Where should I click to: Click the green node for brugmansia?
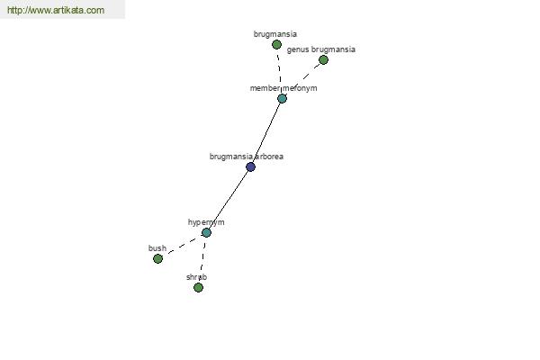click(276, 44)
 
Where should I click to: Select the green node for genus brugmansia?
click(323, 60)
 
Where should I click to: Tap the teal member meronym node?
click(282, 98)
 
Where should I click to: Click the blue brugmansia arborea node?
click(251, 167)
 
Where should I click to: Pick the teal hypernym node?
click(206, 232)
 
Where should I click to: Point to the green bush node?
click(157, 258)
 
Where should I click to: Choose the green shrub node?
click(198, 287)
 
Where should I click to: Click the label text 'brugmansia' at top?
click(275, 34)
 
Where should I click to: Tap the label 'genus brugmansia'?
click(321, 49)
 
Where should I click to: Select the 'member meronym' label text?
click(283, 88)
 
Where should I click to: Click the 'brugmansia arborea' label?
click(247, 157)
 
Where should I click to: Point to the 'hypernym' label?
click(206, 222)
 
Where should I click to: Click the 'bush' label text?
click(157, 248)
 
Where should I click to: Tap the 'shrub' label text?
click(196, 277)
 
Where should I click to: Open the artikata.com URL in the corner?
click(56, 10)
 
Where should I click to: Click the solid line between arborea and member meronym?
click(266, 132)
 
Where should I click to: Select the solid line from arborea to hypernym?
click(229, 200)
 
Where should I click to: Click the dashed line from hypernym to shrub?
click(202, 260)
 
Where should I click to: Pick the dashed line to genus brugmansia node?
click(302, 79)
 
